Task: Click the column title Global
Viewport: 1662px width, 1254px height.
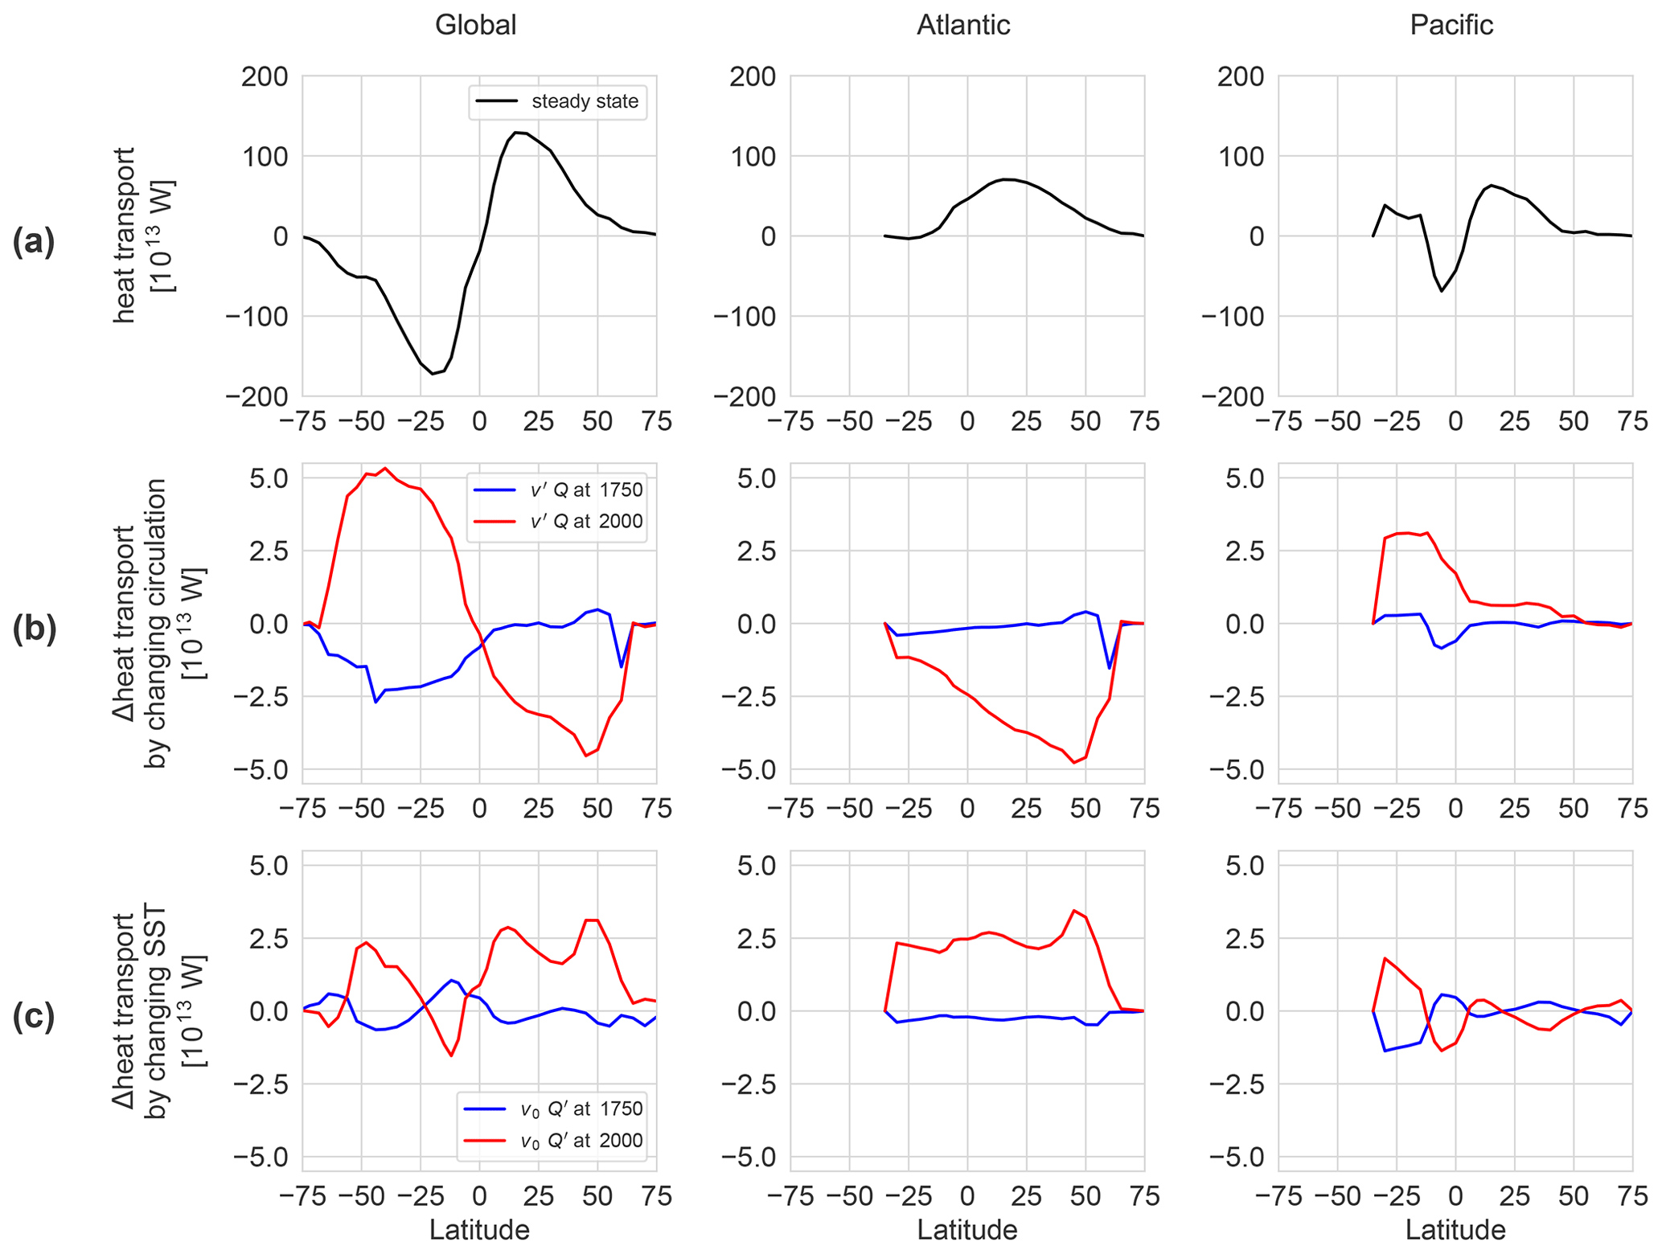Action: click(475, 25)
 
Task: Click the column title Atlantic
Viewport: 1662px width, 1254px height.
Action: click(963, 25)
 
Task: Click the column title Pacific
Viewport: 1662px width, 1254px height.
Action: click(1451, 25)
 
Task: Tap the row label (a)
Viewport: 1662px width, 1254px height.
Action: click(34, 241)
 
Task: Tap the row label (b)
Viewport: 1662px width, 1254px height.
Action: click(34, 629)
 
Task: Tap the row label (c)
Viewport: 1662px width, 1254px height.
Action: click(34, 1016)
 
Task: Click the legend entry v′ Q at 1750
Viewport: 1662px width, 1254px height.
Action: click(557, 490)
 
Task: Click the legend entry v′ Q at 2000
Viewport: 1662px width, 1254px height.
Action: click(557, 522)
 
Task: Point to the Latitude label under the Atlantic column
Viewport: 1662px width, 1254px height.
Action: click(967, 1229)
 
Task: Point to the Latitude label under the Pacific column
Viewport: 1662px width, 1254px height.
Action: click(1455, 1229)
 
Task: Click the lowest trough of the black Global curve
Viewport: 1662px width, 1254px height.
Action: click(433, 374)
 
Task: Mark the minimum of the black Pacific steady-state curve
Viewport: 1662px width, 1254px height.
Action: click(1442, 291)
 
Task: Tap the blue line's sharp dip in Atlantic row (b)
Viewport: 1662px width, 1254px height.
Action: click(1110, 668)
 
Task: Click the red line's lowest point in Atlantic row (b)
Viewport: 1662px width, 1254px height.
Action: click(1074, 762)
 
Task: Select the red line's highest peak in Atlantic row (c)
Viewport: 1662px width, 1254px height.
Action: click(1074, 911)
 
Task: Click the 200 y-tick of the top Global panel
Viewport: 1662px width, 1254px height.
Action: click(265, 77)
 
